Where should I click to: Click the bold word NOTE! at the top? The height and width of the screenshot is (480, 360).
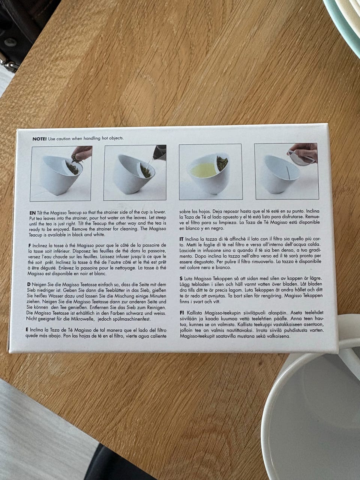39,139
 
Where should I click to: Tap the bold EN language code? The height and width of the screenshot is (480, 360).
33,213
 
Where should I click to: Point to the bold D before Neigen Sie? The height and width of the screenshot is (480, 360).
28,285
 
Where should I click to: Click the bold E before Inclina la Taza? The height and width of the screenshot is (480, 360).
27,330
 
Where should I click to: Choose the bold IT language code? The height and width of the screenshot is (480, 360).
181,239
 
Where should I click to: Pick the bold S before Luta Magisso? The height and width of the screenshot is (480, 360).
181,279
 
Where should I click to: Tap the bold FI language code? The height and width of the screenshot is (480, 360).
181,313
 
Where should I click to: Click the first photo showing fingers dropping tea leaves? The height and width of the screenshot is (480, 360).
60,173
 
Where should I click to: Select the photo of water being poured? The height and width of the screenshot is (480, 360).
135,172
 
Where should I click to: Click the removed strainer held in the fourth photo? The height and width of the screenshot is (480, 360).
301,157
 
